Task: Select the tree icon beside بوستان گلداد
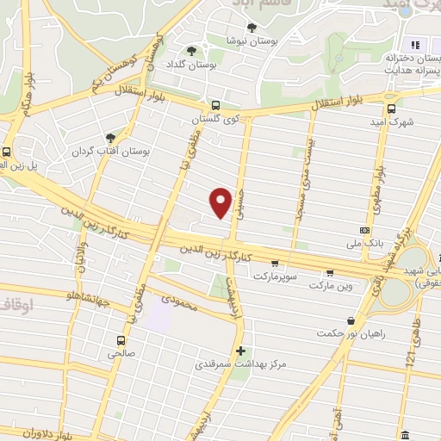tap(191, 51)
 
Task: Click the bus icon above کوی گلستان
tap(215, 106)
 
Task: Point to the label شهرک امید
tap(394, 122)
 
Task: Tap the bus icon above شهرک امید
tap(392, 109)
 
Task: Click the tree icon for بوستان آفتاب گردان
tap(110, 137)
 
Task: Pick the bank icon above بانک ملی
tap(365, 232)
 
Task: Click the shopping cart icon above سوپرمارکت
tap(274, 264)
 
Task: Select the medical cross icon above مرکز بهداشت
tap(240, 351)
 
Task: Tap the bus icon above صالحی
tap(121, 339)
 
